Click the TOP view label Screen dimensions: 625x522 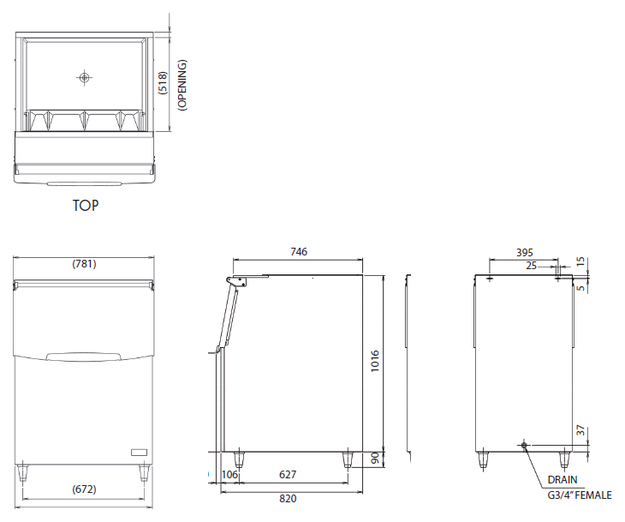(86, 205)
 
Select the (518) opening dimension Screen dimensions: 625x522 (163, 83)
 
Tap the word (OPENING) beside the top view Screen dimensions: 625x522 (182, 85)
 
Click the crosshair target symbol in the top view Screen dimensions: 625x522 (84, 77)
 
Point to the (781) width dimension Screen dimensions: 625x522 (84, 264)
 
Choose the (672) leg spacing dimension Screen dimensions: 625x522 (84, 489)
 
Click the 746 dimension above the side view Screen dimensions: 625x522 (299, 251)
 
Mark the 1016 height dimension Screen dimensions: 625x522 (375, 361)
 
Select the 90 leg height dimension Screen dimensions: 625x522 (375, 459)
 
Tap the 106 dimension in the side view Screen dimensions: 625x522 (229, 475)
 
